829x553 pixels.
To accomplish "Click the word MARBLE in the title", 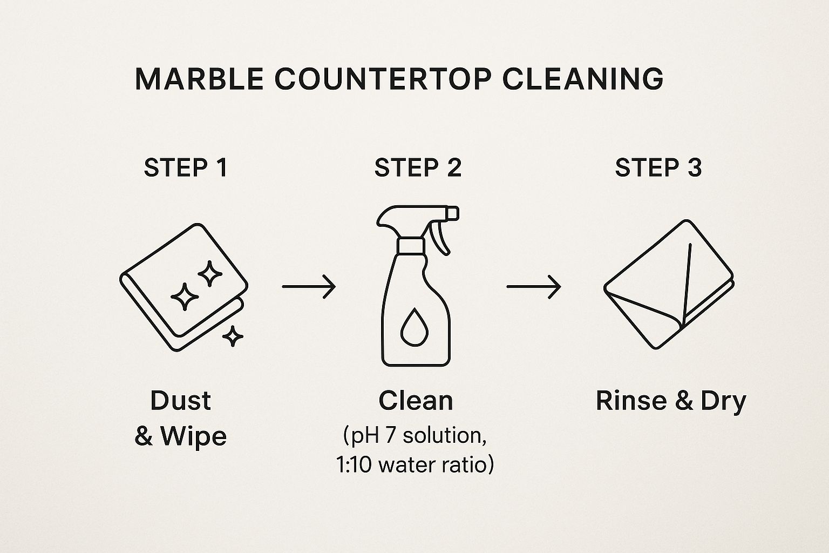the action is [200, 79].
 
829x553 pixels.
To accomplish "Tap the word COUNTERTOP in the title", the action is [383, 79].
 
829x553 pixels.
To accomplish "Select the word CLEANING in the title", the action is [583, 79].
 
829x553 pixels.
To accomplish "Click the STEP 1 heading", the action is [186, 168].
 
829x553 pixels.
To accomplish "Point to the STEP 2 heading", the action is [418, 168].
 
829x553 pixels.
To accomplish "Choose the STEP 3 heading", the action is [658, 168].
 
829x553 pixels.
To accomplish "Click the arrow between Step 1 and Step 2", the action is [309, 286].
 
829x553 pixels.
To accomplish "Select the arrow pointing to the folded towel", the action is [534, 286].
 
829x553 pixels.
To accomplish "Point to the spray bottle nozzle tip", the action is [453, 214].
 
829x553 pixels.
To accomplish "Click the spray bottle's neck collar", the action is [411, 246].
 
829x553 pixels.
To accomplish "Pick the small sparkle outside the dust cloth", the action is [233, 336].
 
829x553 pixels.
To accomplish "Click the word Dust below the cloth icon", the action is [181, 401].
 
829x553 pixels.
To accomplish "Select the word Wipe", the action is [194, 436].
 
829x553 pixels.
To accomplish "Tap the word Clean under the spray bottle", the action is [416, 401].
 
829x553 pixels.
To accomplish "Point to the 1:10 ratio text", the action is [354, 465].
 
